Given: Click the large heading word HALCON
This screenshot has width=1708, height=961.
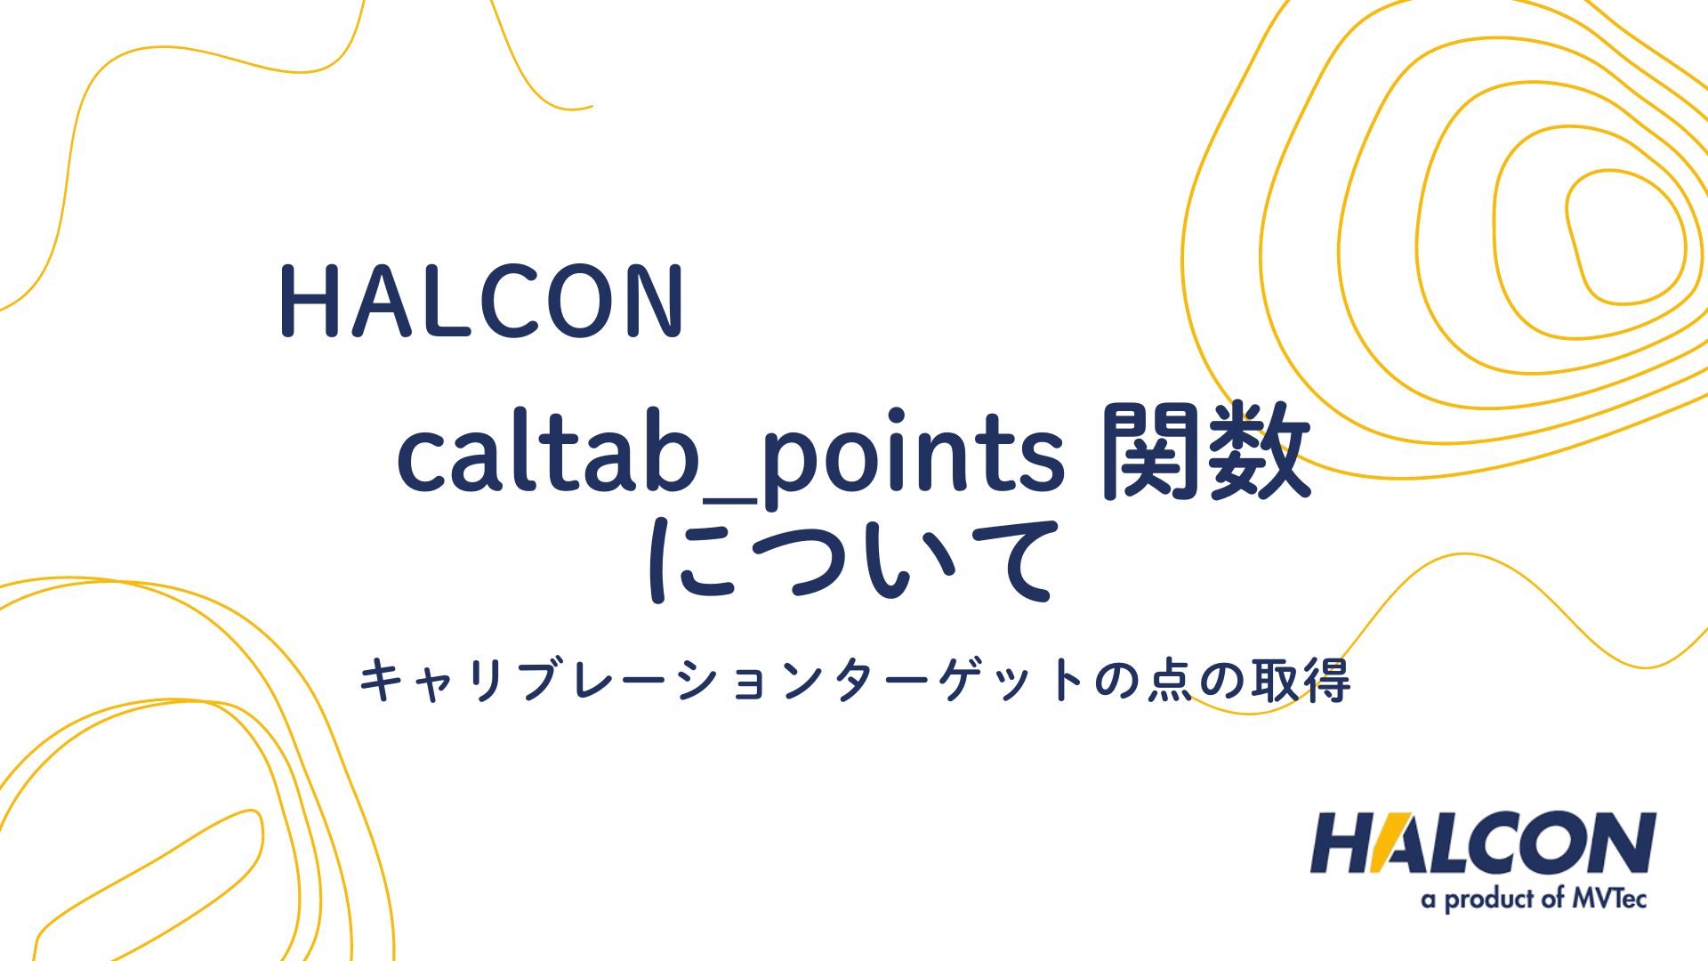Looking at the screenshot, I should pos(481,301).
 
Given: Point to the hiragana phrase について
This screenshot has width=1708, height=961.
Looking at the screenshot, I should pos(853,561).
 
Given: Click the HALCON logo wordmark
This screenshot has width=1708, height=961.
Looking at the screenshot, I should pos(1482,843).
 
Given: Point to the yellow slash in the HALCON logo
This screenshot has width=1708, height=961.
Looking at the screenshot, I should pos(1391,843).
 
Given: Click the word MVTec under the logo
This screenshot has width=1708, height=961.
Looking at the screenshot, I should pos(1608,899).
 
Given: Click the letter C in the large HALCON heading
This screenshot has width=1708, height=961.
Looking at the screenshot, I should pos(508,301).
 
